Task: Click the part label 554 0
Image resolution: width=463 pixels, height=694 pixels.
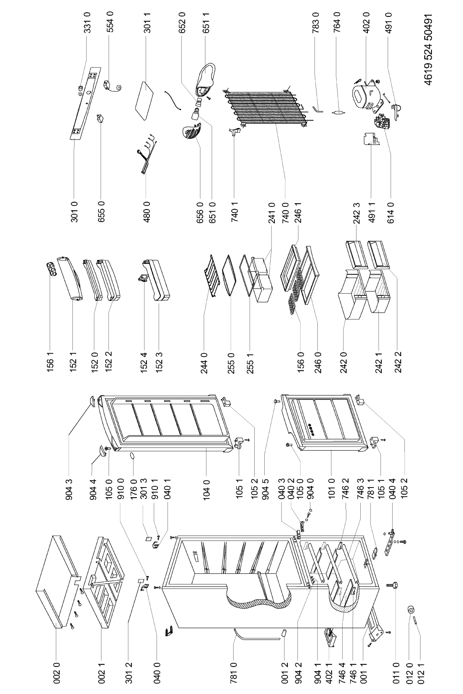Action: pos(110,21)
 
